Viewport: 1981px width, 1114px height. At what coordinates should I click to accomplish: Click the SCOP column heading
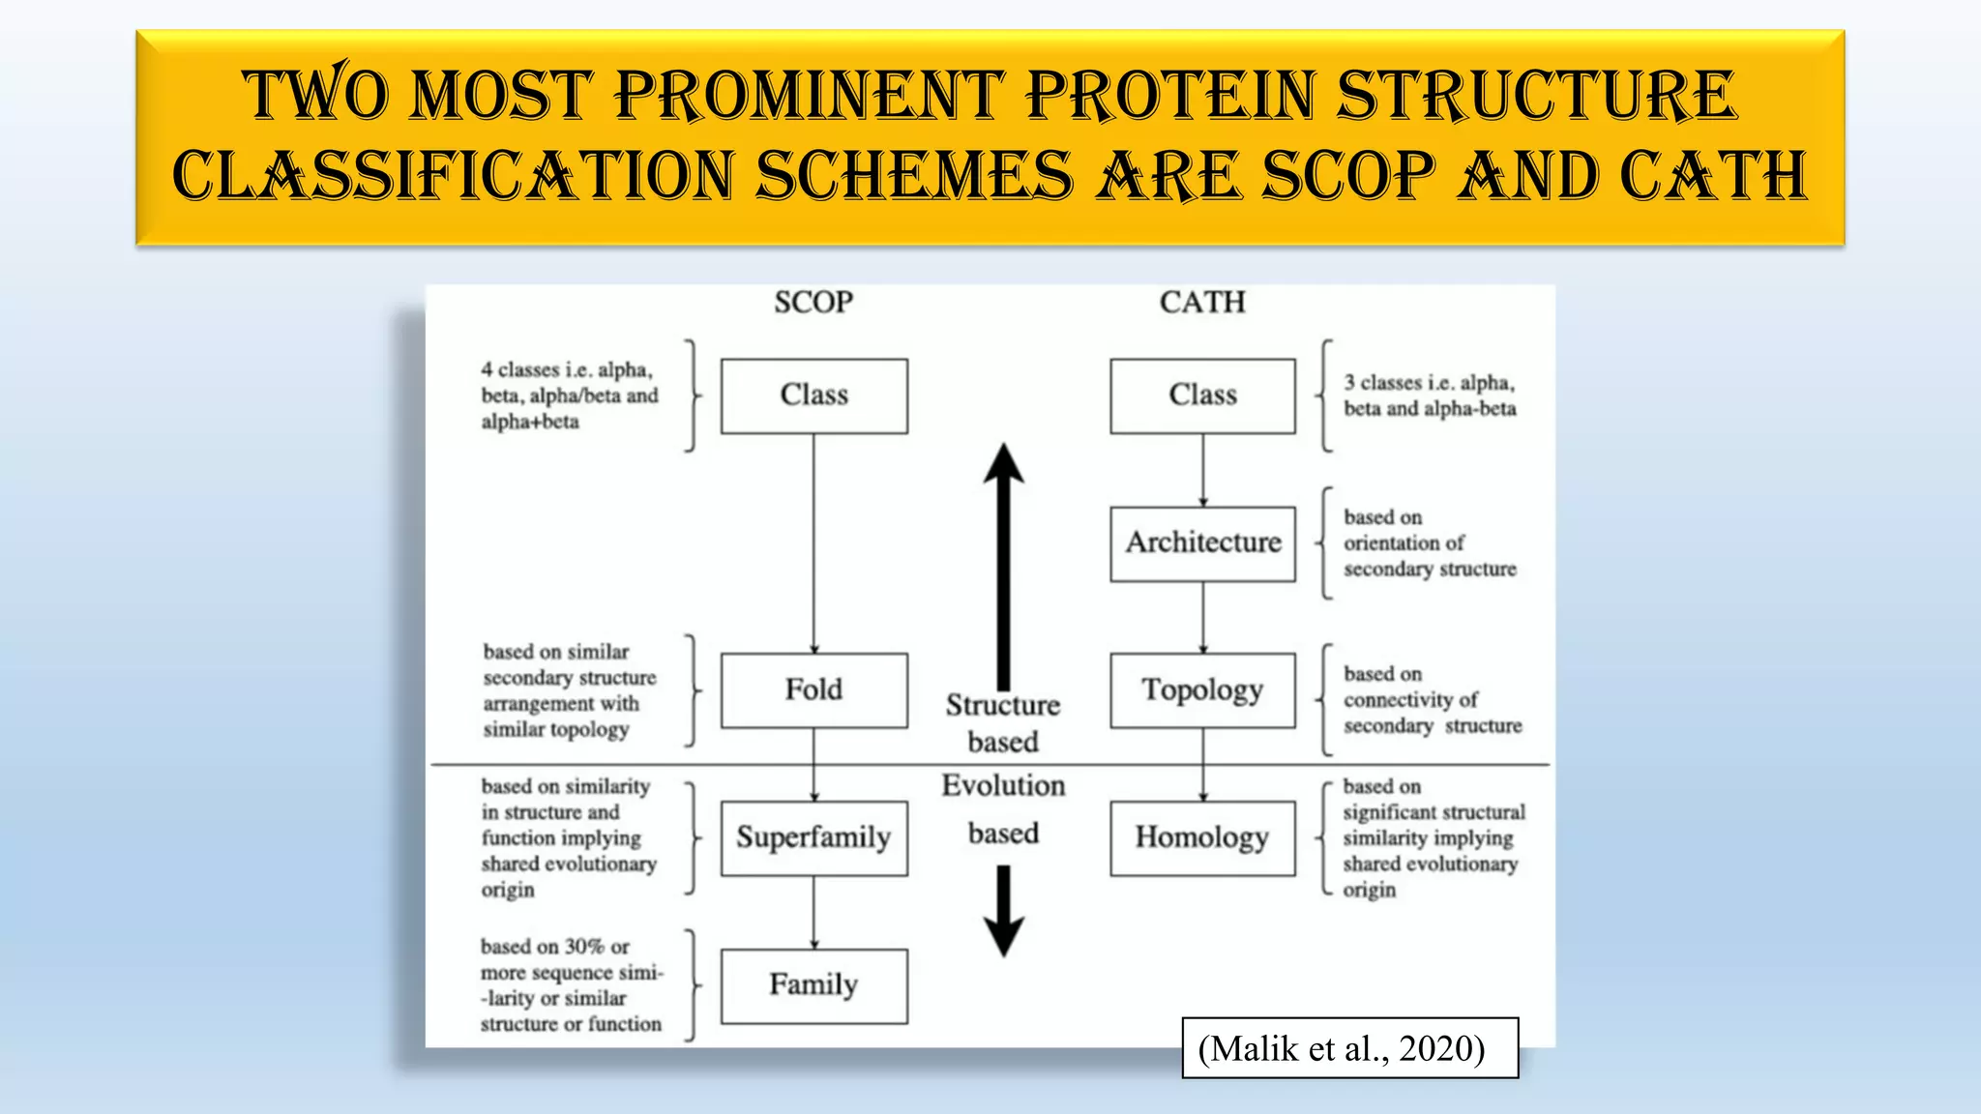(x=813, y=303)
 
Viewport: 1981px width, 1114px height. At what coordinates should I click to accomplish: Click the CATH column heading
(x=1202, y=303)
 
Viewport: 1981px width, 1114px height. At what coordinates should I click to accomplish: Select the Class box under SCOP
(x=813, y=396)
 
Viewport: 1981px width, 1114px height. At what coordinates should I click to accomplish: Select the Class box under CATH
(x=1202, y=396)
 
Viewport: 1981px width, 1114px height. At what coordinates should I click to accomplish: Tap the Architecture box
(x=1202, y=543)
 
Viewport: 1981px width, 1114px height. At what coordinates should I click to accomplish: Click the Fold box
(x=813, y=690)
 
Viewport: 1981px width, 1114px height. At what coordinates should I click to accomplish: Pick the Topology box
(x=1202, y=690)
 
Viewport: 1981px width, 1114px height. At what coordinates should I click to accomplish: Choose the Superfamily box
(x=813, y=837)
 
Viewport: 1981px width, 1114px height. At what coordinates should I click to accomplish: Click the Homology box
(x=1202, y=837)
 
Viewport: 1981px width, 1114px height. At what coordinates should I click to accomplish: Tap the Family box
(x=813, y=985)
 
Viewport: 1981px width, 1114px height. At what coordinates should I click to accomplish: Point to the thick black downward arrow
(x=1004, y=909)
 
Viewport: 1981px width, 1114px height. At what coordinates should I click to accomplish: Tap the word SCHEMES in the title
(x=914, y=177)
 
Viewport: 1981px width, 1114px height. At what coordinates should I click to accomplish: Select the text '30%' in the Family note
(x=583, y=947)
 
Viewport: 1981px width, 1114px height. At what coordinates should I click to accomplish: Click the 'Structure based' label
(x=1003, y=722)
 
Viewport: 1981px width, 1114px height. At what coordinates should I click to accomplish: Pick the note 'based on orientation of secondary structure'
(x=1429, y=543)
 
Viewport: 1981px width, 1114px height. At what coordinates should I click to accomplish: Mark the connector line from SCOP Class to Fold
(x=813, y=542)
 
